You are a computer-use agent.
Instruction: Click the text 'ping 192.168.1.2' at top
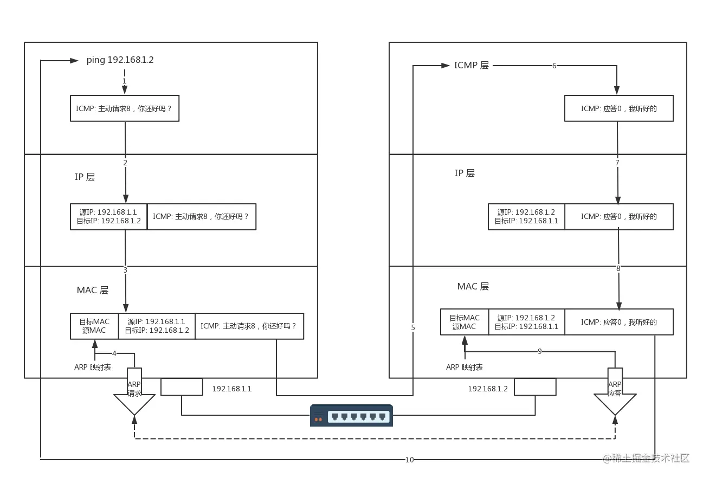[x=120, y=60]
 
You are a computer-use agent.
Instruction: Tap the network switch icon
[x=351, y=416]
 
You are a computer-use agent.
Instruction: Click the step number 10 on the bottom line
[x=409, y=460]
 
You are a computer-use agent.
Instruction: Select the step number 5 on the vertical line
[x=413, y=327]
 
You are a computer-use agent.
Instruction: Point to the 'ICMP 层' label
[x=471, y=66]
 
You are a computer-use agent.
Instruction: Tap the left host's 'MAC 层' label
[x=93, y=290]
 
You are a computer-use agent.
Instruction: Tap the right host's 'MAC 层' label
[x=473, y=286]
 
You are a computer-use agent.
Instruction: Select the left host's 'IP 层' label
[x=85, y=177]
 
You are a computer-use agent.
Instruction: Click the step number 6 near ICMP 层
[x=554, y=66]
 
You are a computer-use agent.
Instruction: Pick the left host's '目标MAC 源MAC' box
[x=94, y=326]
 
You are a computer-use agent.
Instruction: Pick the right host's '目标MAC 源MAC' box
[x=465, y=322]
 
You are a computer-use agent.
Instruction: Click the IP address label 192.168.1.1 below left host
[x=231, y=389]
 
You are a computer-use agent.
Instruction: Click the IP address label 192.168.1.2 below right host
[x=488, y=389]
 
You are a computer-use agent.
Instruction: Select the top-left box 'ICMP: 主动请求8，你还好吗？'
[x=124, y=108]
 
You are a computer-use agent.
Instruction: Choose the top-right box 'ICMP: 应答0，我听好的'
[x=618, y=108]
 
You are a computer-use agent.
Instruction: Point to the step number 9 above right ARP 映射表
[x=539, y=351]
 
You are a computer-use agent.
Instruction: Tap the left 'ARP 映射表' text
[x=93, y=367]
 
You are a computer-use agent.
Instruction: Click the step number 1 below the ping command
[x=124, y=81]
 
